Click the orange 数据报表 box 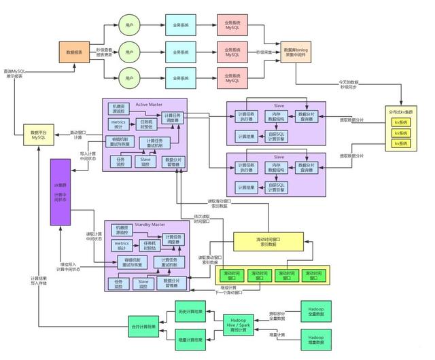click(75, 52)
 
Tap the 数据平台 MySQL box click(39, 135)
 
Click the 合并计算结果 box click(144, 327)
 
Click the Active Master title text click(149, 104)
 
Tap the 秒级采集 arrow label click(264, 52)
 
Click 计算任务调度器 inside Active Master click(173, 118)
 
